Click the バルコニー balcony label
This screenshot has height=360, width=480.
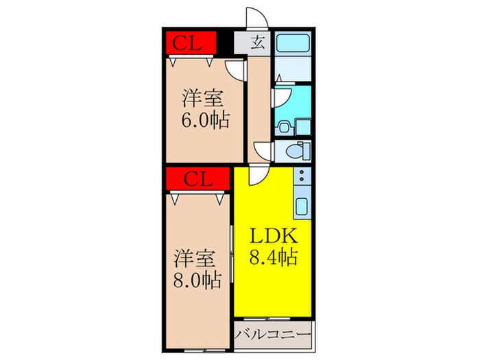pos(273,337)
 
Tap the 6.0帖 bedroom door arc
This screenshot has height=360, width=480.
pos(237,68)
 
